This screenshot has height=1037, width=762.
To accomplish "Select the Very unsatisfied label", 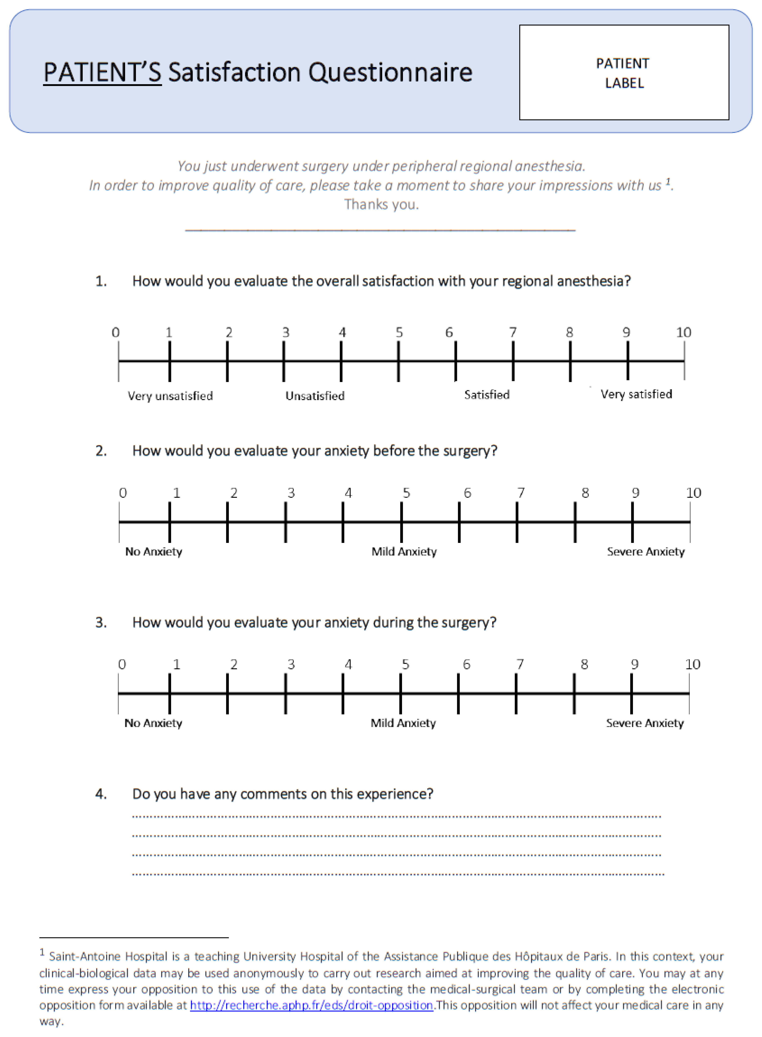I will tap(170, 396).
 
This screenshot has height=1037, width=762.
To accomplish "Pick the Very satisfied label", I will tap(636, 394).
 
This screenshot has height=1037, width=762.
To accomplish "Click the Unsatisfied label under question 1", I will tap(315, 396).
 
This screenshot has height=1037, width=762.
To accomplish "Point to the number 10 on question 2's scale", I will tap(693, 493).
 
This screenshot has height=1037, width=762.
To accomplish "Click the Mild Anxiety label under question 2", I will tap(404, 551).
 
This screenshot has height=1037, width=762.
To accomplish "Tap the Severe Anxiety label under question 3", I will tap(645, 723).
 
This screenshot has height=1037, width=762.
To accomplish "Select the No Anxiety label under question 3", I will tap(153, 723).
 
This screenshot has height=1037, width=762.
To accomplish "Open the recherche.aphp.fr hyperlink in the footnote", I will tap(311, 1005).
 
